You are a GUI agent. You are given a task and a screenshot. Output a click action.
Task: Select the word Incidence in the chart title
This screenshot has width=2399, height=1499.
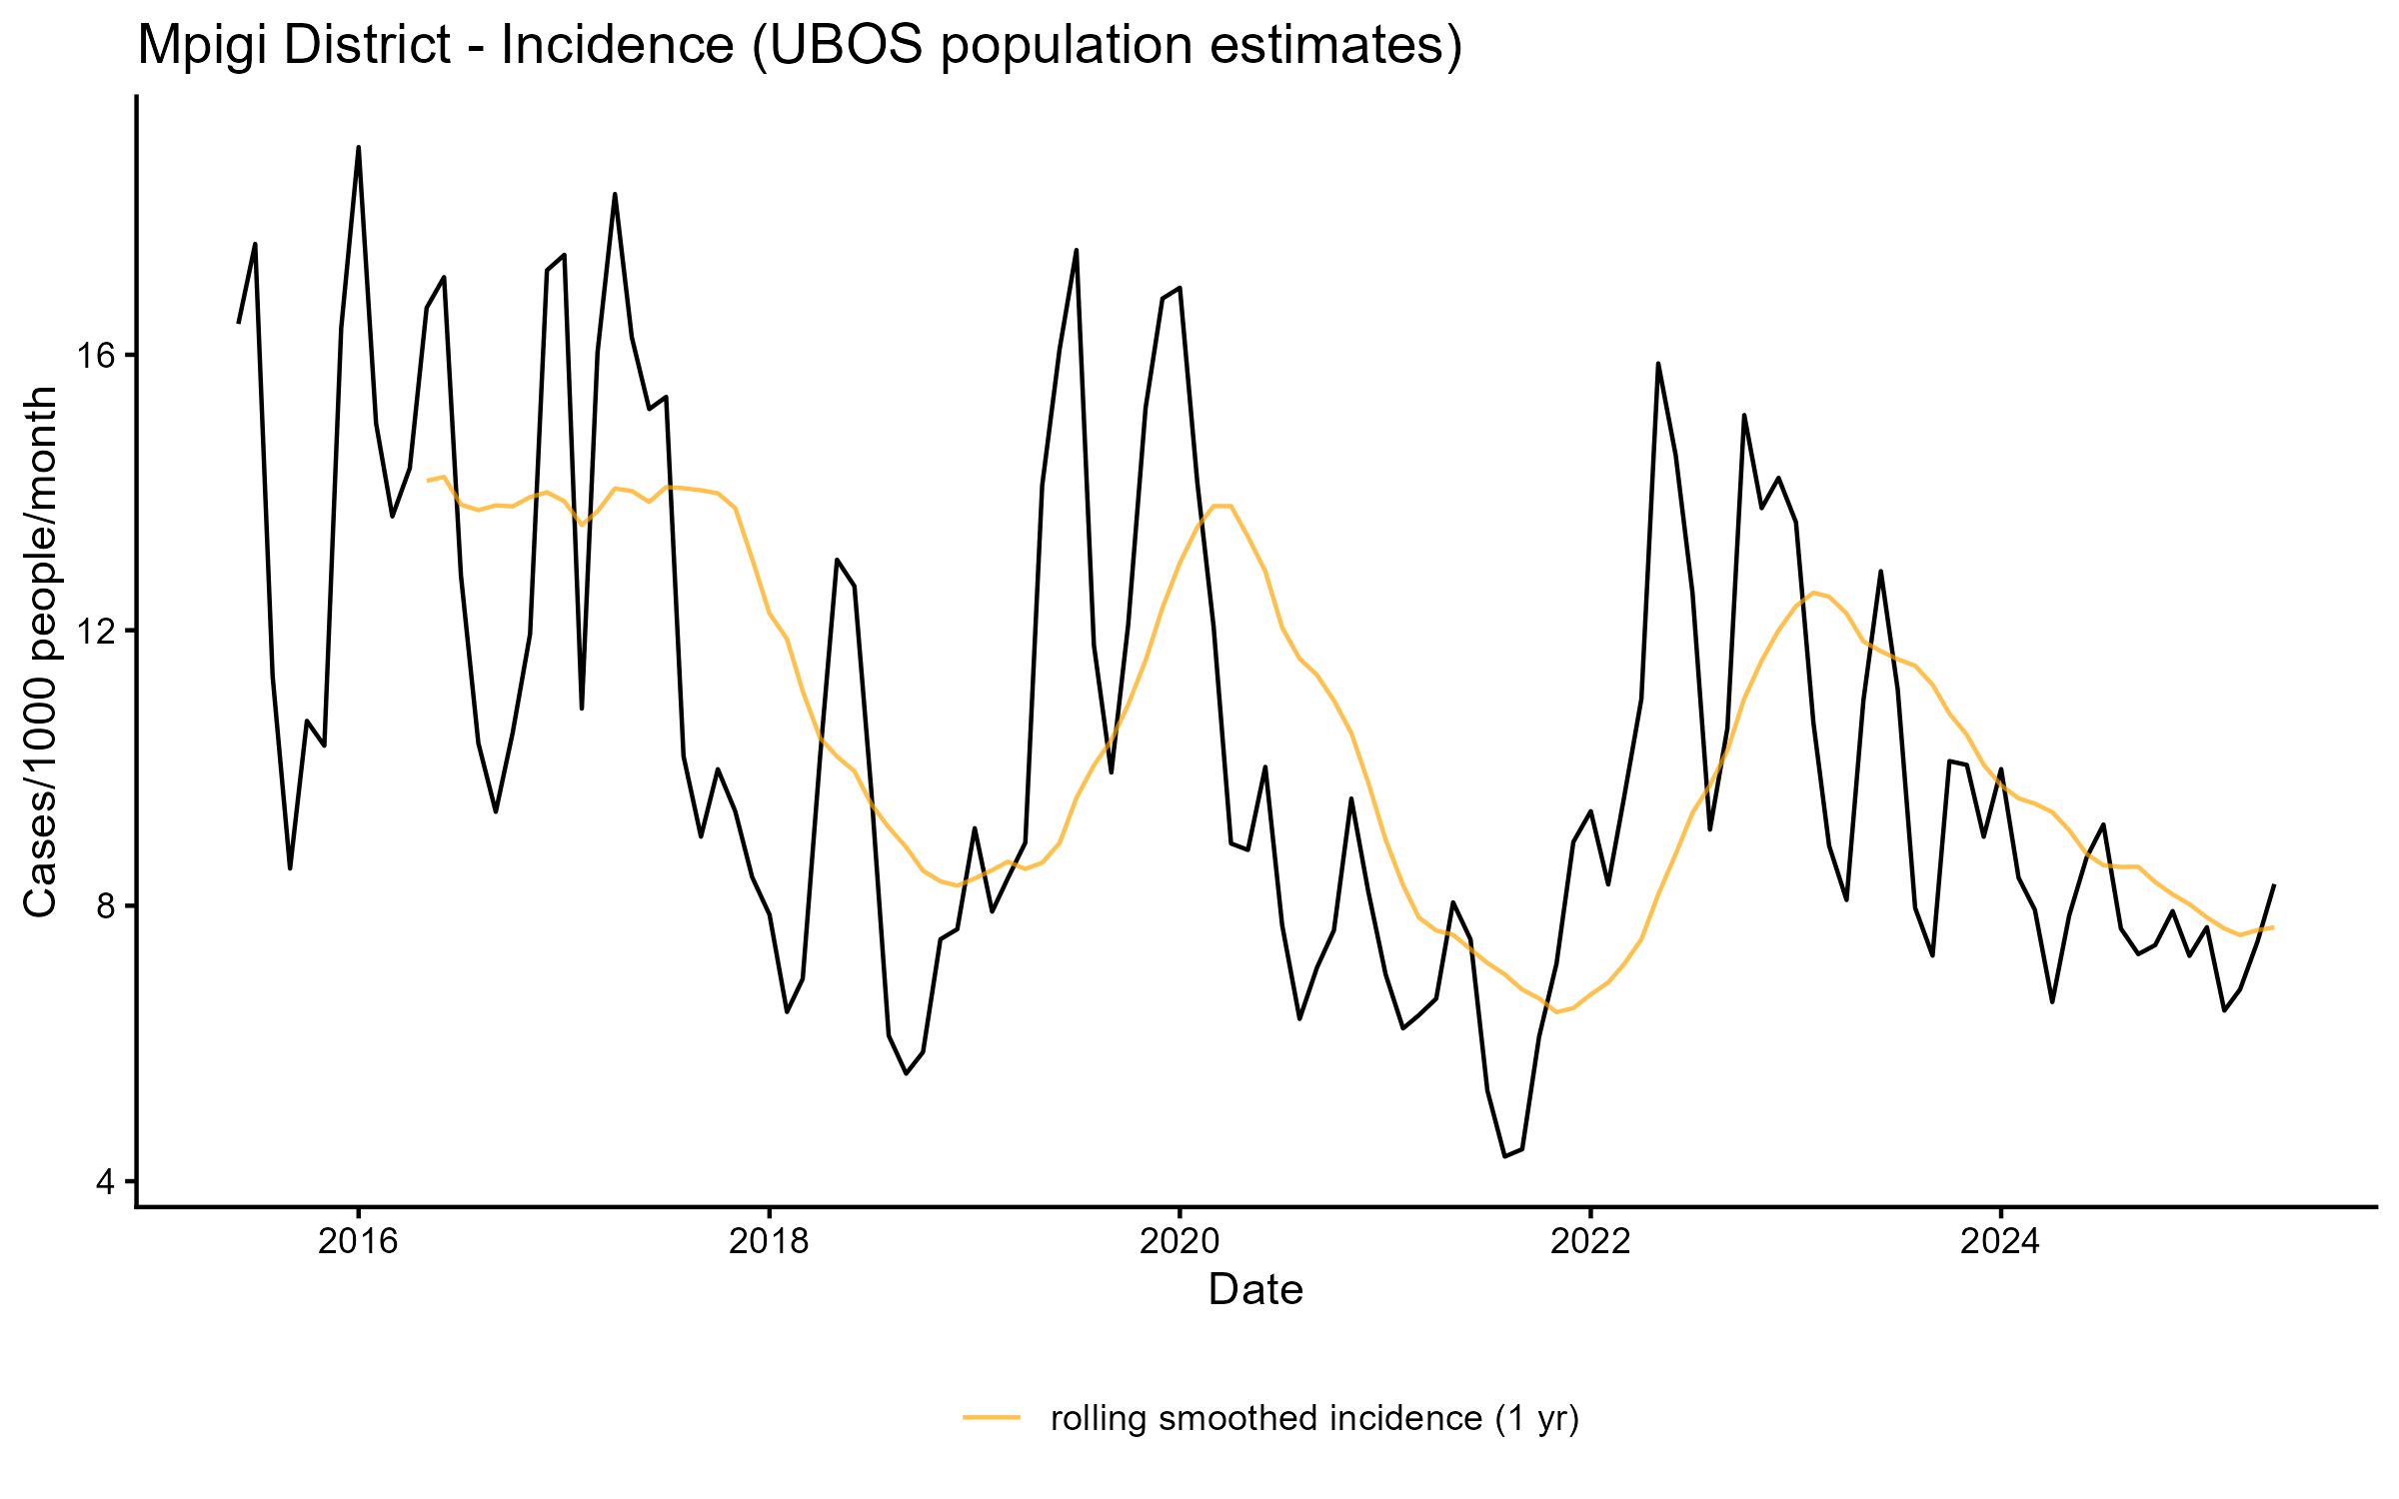pos(617,46)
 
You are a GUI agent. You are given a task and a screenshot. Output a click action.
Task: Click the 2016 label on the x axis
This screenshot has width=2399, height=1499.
pos(358,1241)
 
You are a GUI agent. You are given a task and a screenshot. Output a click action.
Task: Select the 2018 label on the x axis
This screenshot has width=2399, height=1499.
pos(769,1241)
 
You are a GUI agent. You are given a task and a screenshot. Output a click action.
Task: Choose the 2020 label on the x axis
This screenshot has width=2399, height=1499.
pos(1180,1241)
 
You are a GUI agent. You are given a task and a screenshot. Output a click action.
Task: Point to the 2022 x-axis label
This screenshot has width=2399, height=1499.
pos(1590,1241)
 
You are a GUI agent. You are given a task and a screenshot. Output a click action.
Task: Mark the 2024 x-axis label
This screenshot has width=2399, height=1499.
pos(2000,1241)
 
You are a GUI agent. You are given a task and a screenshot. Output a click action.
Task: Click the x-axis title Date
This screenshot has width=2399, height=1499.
pos(1255,1290)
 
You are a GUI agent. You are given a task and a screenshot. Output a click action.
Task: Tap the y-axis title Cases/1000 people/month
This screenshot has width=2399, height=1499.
pos(40,652)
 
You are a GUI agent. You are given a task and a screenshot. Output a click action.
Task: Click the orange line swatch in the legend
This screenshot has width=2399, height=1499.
pos(992,1417)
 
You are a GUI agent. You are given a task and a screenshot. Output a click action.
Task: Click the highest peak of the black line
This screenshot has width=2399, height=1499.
pos(359,148)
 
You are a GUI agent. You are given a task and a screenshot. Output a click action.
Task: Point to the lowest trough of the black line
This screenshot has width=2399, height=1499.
pos(1505,1156)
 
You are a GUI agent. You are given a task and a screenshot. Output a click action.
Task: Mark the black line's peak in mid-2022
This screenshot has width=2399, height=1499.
pos(1658,364)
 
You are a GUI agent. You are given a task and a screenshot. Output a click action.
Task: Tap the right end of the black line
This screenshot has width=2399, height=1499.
pos(2274,885)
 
